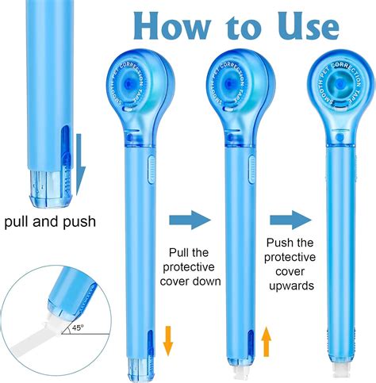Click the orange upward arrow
click(267, 343)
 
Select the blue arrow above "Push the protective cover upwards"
click(288, 220)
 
